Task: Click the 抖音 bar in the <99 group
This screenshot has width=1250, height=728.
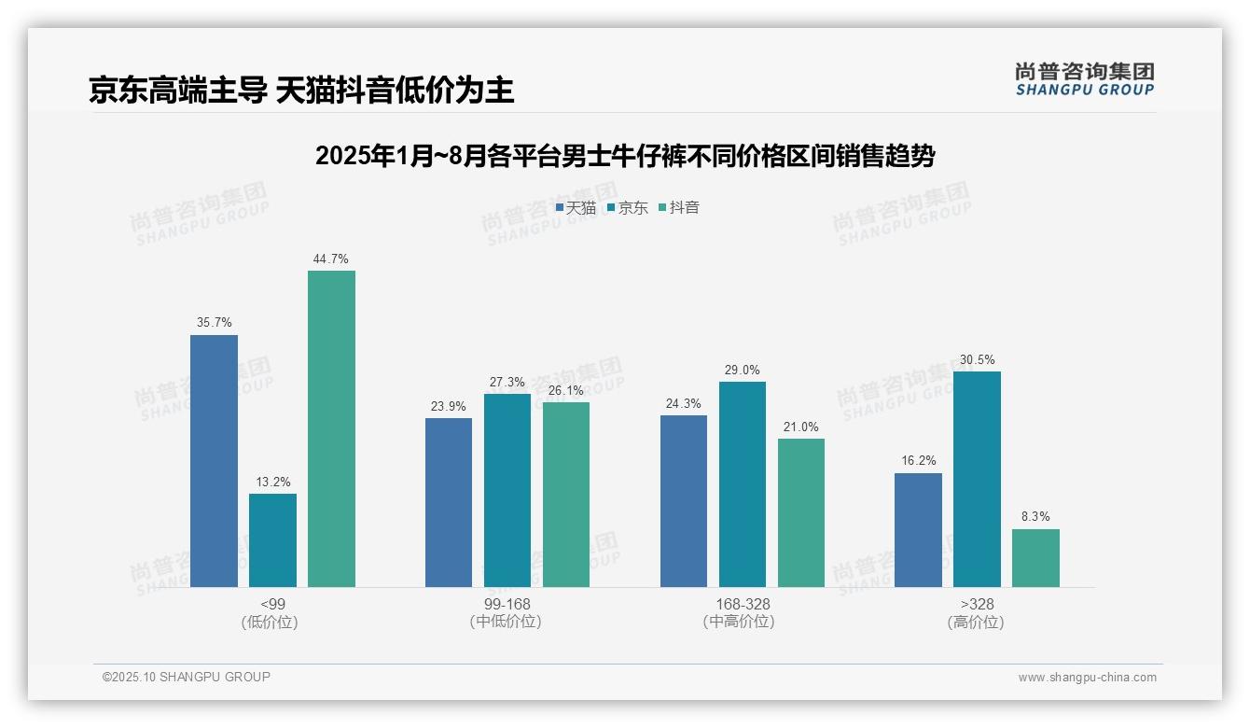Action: [x=331, y=428]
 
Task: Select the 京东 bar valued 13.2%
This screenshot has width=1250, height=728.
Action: [x=272, y=540]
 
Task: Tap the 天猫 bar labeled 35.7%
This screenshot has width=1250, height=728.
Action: [x=214, y=461]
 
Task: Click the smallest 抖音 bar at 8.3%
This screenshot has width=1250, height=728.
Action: [x=1035, y=558]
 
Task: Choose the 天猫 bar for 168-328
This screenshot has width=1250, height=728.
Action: [x=683, y=501]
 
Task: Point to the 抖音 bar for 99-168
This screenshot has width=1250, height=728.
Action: [x=566, y=495]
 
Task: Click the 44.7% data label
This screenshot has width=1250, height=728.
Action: [x=331, y=259]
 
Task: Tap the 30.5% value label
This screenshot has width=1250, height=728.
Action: [x=977, y=360]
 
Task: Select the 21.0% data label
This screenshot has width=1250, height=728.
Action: [x=801, y=427]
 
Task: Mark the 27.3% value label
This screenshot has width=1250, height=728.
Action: [x=507, y=383]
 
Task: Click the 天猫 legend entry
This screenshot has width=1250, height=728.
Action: [x=576, y=208]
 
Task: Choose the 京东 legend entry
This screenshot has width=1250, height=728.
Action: [x=628, y=208]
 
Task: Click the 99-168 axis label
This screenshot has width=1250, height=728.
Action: [x=507, y=604]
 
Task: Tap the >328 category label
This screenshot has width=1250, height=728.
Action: [x=977, y=604]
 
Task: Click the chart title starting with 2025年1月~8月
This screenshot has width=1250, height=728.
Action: [x=625, y=156]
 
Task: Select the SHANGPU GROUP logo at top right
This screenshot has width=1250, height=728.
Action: [x=1084, y=79]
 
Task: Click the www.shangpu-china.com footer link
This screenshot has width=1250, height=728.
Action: [x=1087, y=678]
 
